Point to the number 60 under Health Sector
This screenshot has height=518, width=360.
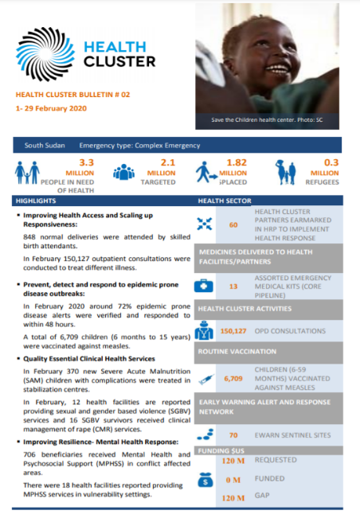coord(233,224)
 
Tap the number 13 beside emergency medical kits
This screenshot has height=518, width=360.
coord(233,286)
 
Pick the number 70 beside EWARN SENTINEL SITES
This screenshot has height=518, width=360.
coord(233,435)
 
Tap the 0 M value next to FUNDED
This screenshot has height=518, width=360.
coord(233,479)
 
